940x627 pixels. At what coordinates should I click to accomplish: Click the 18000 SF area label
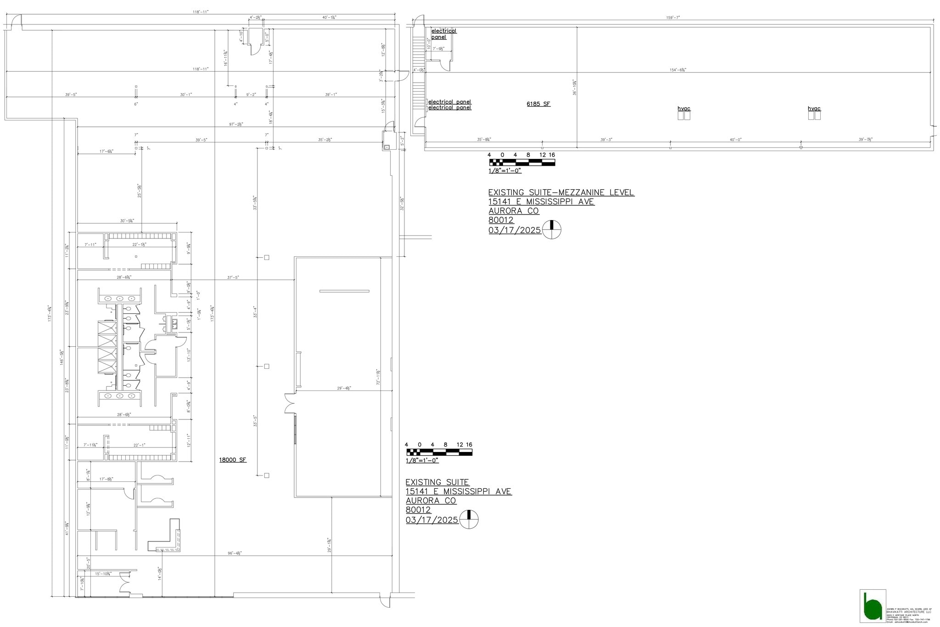(x=233, y=460)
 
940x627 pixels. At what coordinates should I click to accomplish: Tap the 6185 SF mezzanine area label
(x=538, y=104)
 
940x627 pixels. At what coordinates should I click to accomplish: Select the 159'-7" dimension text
(x=673, y=18)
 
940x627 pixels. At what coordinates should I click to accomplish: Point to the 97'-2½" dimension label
(x=236, y=124)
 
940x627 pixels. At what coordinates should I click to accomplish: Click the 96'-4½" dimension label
(x=235, y=553)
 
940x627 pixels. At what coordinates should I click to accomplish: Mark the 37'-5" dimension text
(x=233, y=277)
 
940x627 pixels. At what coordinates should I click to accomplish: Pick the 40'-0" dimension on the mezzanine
(x=735, y=140)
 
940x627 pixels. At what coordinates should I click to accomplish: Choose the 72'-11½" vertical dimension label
(x=378, y=377)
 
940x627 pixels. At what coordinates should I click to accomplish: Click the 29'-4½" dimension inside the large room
(x=344, y=388)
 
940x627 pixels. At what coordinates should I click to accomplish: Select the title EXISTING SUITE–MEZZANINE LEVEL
(x=561, y=192)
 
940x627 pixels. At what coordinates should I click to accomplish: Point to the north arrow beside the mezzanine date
(x=552, y=230)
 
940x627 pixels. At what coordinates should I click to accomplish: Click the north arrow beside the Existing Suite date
(x=469, y=520)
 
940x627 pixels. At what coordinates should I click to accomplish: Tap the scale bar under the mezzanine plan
(x=522, y=162)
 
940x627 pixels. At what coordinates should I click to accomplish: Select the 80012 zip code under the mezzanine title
(x=501, y=220)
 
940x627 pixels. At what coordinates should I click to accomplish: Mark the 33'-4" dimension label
(x=255, y=312)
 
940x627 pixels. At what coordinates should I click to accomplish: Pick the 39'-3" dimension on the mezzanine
(x=606, y=140)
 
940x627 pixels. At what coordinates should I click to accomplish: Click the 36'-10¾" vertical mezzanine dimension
(x=575, y=87)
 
